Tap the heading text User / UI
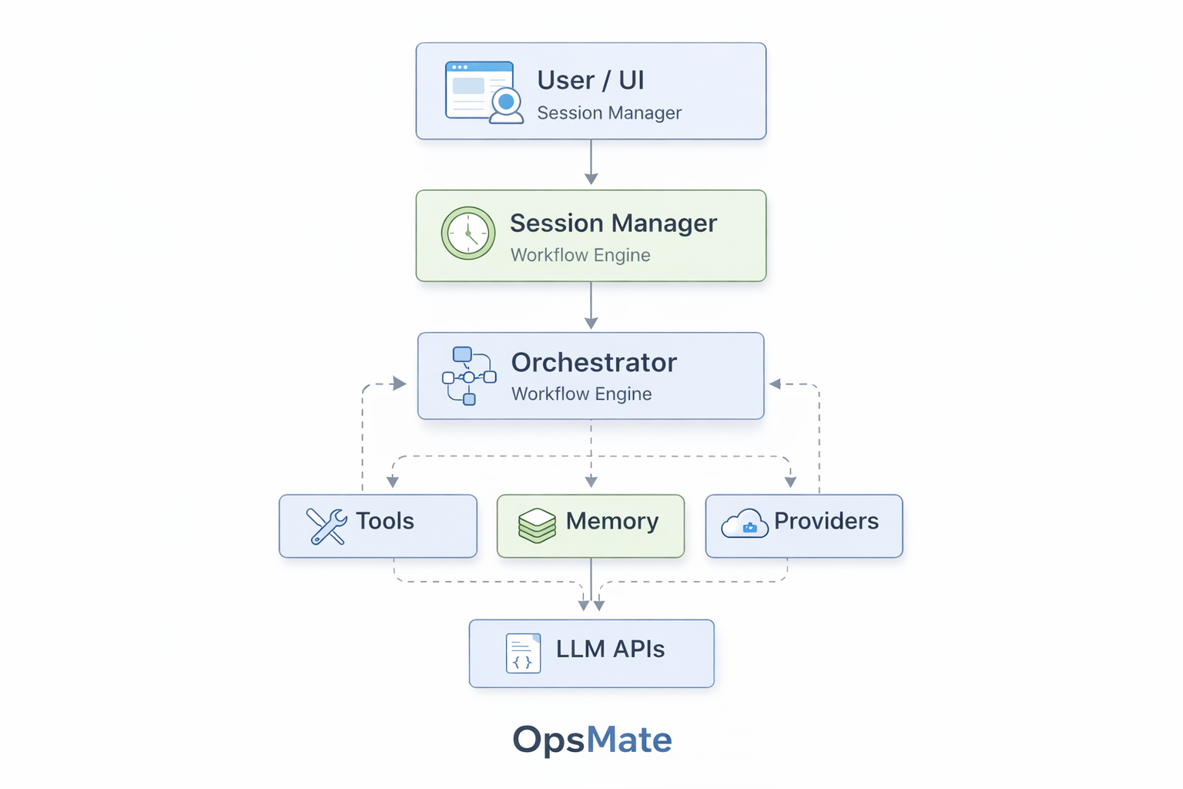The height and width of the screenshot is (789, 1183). coord(590,80)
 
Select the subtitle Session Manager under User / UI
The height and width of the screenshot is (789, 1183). coord(609,113)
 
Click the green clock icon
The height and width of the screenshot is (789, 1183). coord(468,233)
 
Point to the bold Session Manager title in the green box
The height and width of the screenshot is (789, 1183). coord(613,223)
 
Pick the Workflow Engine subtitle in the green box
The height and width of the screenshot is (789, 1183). coord(580,255)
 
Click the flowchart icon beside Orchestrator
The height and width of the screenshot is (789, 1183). coord(468,376)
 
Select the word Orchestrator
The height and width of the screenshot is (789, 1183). coord(594,362)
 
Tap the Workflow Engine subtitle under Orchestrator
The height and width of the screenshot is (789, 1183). coord(581,394)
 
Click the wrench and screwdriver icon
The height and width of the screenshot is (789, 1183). coord(327,526)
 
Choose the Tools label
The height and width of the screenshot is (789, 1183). coord(384,522)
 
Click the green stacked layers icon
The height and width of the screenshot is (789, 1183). coord(537,525)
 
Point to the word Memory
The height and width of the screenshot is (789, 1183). coord(612,522)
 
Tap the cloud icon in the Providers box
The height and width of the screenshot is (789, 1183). coord(744,524)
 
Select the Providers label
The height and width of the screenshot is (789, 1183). coord(826,522)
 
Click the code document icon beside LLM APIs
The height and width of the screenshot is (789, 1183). coord(523,653)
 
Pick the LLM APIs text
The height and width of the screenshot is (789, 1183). coord(610,650)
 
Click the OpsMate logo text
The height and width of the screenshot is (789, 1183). coord(591,740)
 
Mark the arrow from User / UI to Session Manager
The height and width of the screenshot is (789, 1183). coord(591,163)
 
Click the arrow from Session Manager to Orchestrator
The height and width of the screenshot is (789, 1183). coord(591,306)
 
